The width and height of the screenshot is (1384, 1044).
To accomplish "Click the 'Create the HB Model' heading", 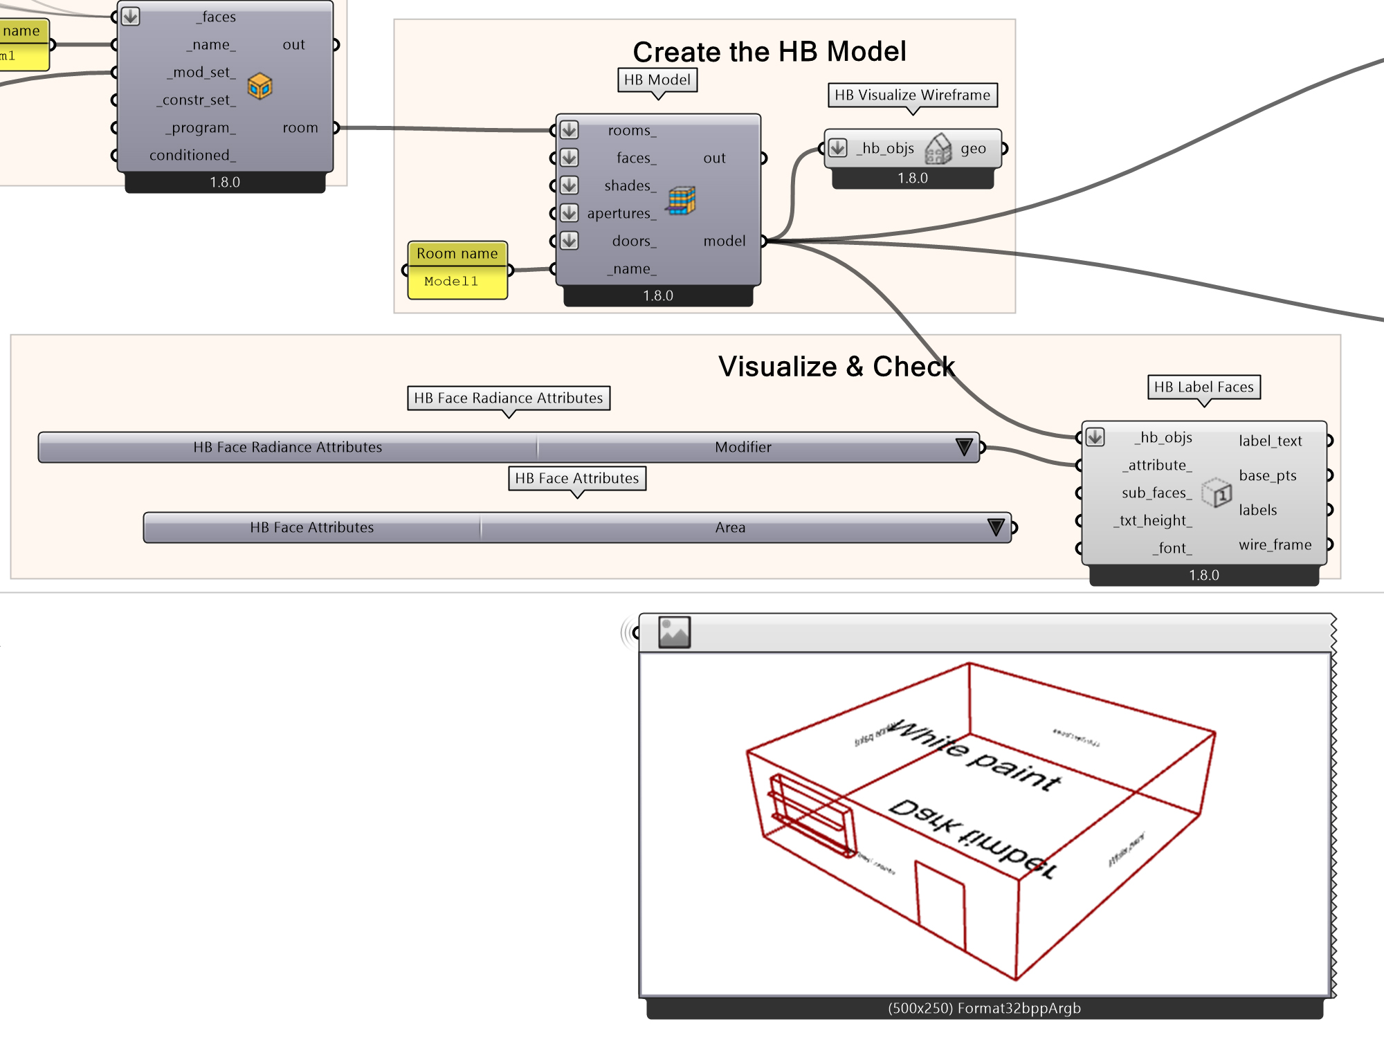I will pos(769,52).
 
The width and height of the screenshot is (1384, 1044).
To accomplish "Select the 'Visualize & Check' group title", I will pos(836,367).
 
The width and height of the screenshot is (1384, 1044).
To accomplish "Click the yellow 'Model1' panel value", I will pos(451,282).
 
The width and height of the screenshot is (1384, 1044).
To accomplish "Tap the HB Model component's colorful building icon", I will pos(681,201).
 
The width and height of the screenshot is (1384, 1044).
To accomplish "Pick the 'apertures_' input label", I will pos(621,214).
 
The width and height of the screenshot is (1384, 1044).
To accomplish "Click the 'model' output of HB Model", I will pos(724,241).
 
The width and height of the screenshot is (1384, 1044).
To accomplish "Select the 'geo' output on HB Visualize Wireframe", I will pos(972,149).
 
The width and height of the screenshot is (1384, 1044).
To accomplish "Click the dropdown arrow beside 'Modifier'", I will pos(963,447).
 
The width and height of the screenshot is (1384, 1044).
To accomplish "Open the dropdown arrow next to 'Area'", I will pos(995,527).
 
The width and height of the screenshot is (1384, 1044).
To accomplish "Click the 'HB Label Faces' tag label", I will pos(1203,387).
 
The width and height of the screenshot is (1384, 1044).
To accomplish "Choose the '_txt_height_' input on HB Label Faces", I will pos(1153,521).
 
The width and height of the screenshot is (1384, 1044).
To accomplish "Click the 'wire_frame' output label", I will pos(1275,545).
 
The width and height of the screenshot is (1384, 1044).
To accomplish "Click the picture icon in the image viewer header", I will pos(674,632).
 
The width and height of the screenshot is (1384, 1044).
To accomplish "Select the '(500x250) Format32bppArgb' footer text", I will pos(983,1009).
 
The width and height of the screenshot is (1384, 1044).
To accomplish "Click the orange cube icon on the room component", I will pos(259,86).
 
